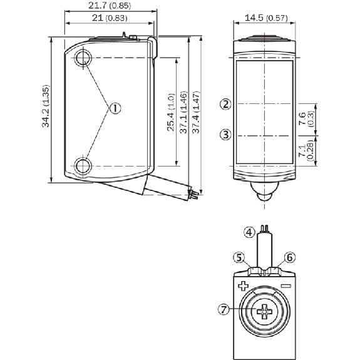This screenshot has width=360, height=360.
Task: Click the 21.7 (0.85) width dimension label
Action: (x=110, y=6)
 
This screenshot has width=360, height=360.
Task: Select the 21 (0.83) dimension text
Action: (x=110, y=18)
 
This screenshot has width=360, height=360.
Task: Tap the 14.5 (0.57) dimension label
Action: (x=266, y=18)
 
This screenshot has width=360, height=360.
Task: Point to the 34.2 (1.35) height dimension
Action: (x=46, y=106)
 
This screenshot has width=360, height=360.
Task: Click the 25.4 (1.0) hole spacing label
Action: (x=171, y=112)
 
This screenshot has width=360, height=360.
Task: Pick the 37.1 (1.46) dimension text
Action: (x=183, y=112)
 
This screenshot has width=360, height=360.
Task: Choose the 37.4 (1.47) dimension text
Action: (x=196, y=112)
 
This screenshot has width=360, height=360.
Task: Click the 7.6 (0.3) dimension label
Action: (x=306, y=119)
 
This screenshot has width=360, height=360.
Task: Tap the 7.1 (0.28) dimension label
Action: (x=306, y=151)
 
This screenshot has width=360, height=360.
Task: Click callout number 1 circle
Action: (x=115, y=108)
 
